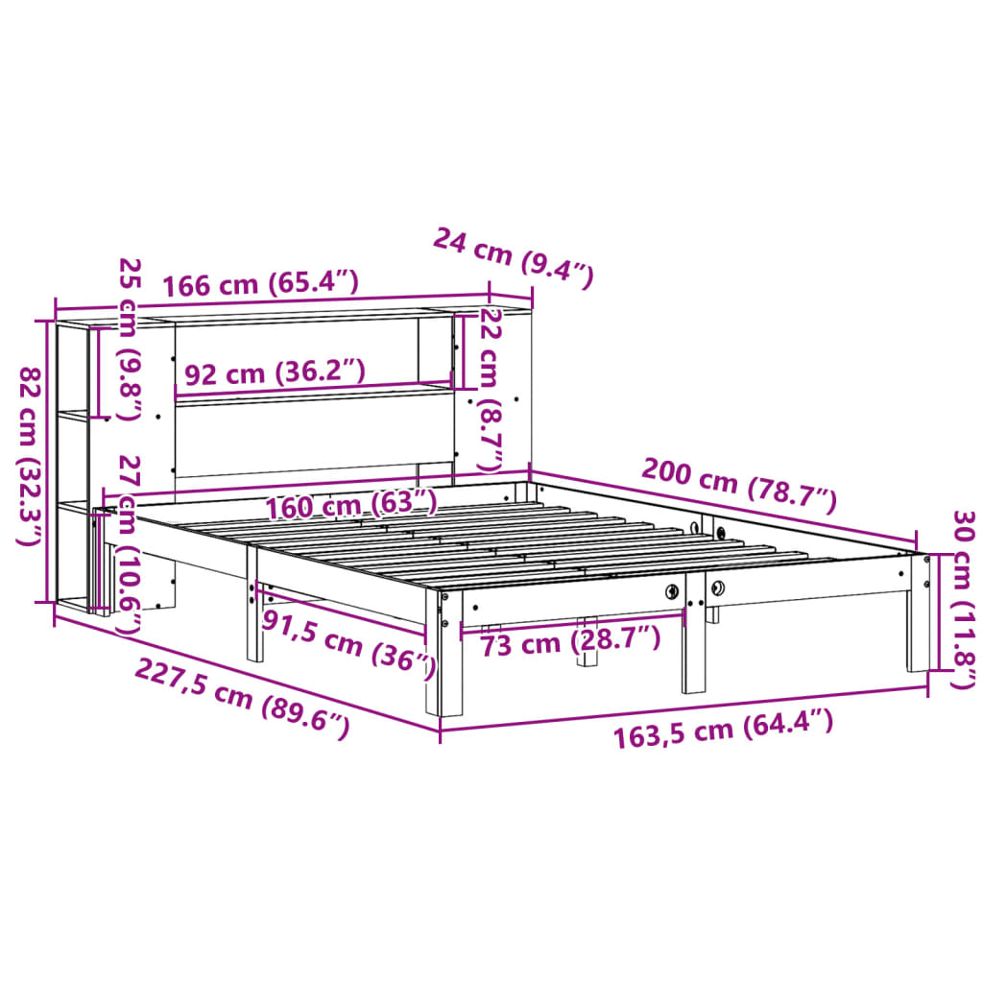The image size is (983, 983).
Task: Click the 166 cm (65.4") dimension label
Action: pos(260,284)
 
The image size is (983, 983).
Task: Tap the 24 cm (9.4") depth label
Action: pos(514,256)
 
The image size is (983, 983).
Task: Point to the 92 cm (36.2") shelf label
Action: pos(275,372)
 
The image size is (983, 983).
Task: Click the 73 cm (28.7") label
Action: pos(570,640)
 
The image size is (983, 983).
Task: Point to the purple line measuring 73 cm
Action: pos(572,623)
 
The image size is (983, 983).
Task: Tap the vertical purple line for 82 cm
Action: pos(47,461)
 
